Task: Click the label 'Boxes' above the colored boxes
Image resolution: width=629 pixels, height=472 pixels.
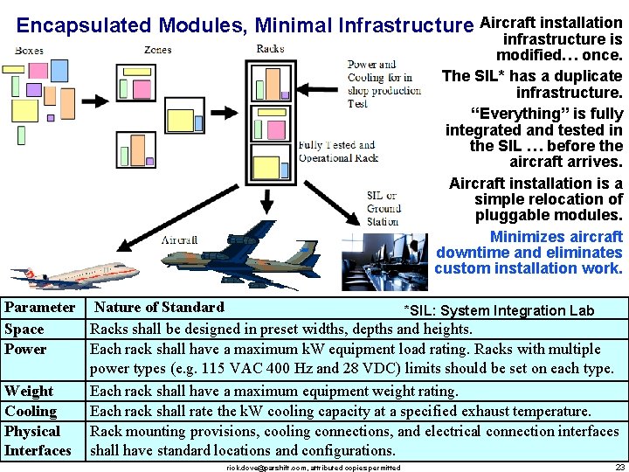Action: click(x=29, y=51)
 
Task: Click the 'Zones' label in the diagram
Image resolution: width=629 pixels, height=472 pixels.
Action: click(x=157, y=50)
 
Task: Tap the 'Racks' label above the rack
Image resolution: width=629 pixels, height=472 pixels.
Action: click(x=270, y=48)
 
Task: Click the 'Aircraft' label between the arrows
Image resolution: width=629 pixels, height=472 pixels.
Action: click(x=179, y=239)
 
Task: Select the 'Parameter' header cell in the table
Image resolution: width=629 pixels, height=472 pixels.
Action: click(x=40, y=308)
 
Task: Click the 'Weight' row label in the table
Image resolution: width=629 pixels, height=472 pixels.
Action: click(x=29, y=391)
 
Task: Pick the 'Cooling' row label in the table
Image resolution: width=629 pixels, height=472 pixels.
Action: click(x=31, y=411)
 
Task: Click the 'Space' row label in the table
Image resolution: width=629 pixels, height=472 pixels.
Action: click(x=24, y=329)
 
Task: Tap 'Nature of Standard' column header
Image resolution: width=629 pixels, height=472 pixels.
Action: click(x=159, y=307)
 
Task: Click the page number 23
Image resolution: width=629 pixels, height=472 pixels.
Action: click(x=619, y=467)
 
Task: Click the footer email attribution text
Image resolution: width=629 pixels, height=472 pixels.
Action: click(x=313, y=468)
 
